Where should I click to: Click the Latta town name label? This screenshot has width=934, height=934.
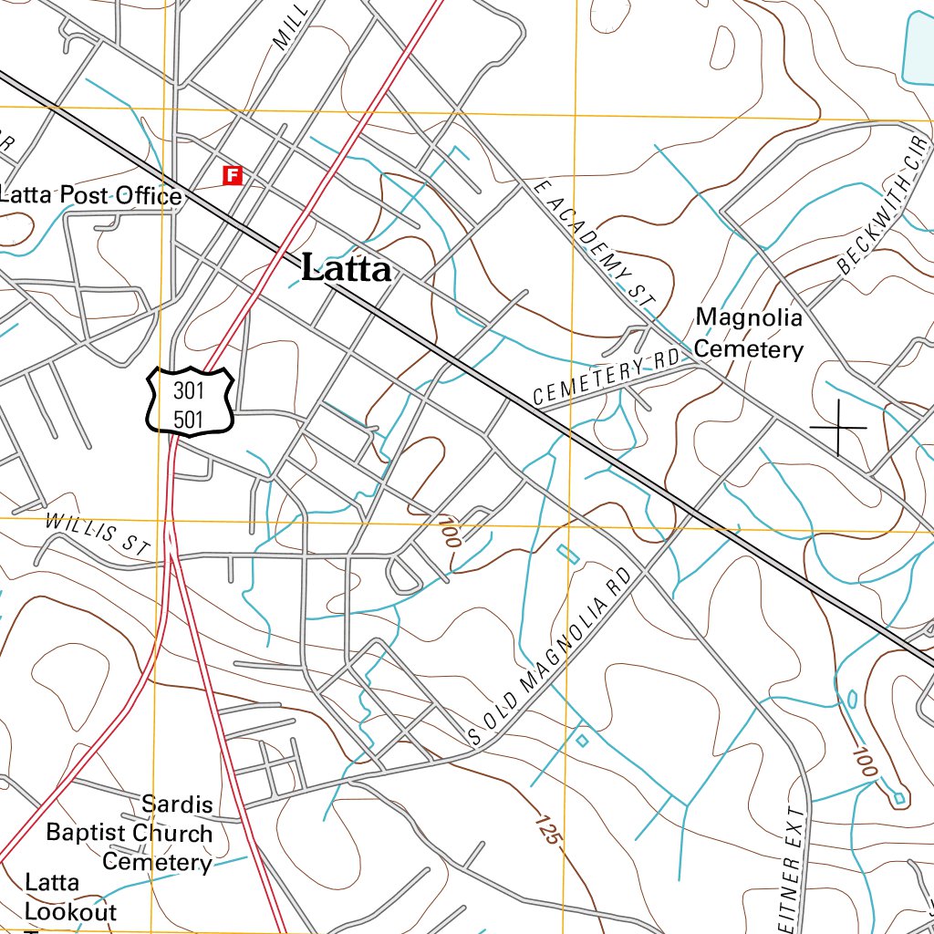[x=347, y=268]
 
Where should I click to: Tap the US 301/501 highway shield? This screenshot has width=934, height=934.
[x=191, y=401]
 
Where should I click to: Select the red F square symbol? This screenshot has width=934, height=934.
[x=233, y=174]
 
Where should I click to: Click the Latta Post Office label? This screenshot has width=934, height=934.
[x=91, y=195]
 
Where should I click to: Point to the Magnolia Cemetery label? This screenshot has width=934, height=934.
[x=749, y=333]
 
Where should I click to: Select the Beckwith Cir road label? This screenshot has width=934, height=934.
[x=882, y=207]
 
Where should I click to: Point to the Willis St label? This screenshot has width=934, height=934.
[x=98, y=534]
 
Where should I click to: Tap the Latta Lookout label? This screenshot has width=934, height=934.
[x=70, y=898]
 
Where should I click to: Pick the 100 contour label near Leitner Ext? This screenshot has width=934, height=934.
[x=865, y=762]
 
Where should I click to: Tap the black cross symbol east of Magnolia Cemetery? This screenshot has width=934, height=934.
[x=838, y=427]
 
